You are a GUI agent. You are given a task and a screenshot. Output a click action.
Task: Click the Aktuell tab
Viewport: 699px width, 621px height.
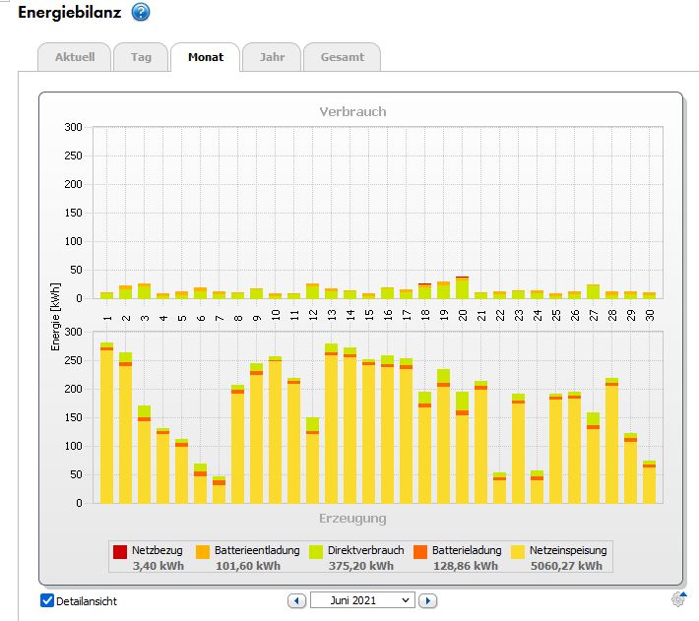click(x=75, y=57)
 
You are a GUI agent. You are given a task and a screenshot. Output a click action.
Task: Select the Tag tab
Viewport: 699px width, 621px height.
click(x=141, y=57)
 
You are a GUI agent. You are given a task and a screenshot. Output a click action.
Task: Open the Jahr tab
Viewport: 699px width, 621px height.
click(x=272, y=57)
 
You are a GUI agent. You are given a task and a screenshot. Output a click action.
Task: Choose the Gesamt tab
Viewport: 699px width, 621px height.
click(x=342, y=57)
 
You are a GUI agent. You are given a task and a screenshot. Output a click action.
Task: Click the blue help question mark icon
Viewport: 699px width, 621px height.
click(x=141, y=13)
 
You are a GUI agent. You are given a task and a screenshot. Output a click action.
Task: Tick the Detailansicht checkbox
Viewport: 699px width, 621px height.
click(x=47, y=600)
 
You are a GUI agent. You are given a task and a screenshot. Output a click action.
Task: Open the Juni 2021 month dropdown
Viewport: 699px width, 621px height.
click(x=362, y=600)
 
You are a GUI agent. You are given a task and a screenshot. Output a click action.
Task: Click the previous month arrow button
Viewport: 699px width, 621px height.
click(x=296, y=600)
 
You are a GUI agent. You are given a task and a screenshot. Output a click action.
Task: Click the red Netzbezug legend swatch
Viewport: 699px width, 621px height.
click(x=120, y=551)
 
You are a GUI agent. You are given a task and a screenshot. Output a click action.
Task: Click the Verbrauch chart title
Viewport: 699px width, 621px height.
click(x=352, y=111)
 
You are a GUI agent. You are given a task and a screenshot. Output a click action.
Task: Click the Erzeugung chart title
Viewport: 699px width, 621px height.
click(x=352, y=518)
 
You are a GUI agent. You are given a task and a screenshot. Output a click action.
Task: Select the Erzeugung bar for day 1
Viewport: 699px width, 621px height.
click(x=106, y=423)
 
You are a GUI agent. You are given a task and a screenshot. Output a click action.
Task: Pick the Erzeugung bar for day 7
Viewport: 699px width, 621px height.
click(x=220, y=489)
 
